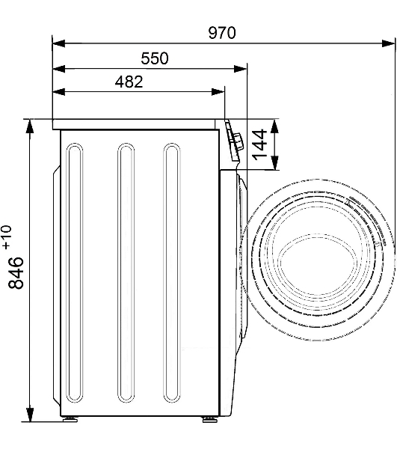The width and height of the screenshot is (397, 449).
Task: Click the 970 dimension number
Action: coord(222,32)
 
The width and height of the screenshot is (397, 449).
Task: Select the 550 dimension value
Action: coord(155,58)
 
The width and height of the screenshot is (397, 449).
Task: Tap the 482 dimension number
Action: coord(129,82)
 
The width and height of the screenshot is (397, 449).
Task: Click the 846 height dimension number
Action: coord(16,273)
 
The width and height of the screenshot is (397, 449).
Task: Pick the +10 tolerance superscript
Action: coord(7,236)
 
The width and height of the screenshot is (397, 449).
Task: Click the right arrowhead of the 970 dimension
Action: coord(389,44)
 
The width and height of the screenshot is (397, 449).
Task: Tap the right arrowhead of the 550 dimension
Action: coord(241,69)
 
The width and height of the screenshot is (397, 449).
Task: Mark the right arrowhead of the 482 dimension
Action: coord(218,92)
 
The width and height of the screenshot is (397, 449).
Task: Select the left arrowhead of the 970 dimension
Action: coord(59,44)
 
